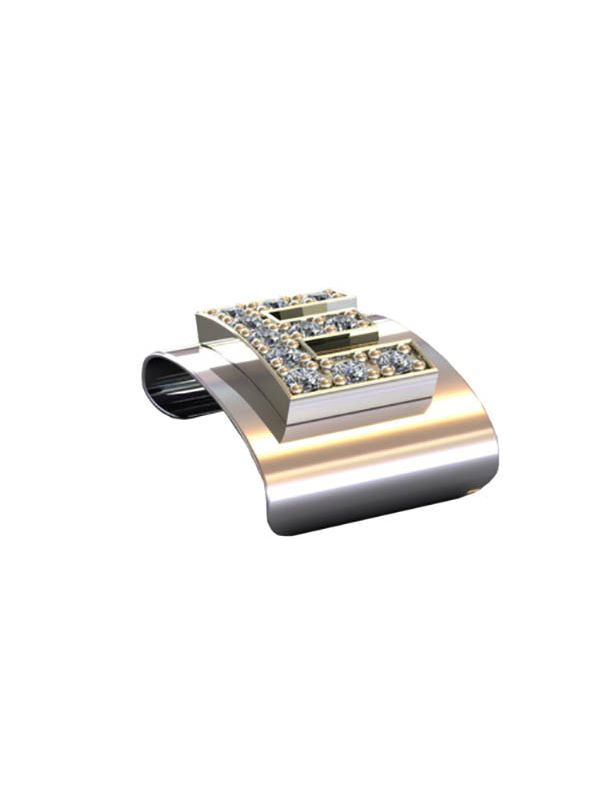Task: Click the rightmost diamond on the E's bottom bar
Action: (396, 360)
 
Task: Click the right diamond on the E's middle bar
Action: (338, 322)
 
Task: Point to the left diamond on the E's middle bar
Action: (305, 328)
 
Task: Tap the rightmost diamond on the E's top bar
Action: (320, 296)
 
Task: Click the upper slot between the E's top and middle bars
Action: (301, 309)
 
